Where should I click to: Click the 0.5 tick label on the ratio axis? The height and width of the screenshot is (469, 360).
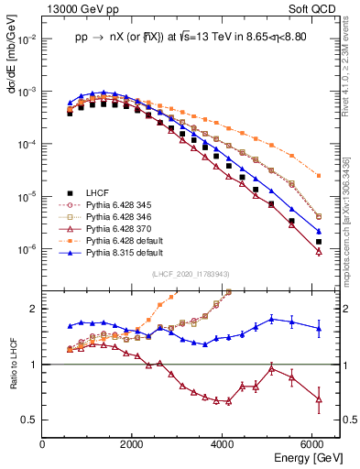point(29,420)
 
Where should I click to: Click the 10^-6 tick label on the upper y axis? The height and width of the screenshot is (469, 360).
point(27,250)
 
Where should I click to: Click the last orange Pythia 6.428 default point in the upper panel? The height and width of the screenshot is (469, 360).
point(318,175)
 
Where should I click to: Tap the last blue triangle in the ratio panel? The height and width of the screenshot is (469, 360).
point(318,328)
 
